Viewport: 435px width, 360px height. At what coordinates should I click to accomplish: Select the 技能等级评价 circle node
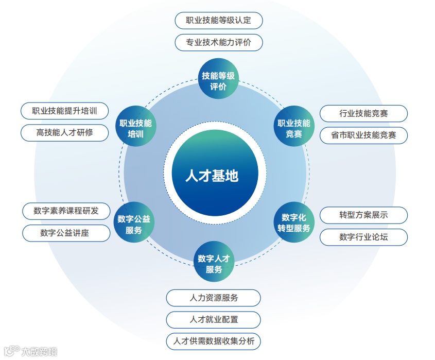pos(218,81)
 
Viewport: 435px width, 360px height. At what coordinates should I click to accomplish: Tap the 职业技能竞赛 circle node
pos(294,128)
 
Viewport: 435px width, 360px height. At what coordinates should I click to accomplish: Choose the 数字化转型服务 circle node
pos(294,222)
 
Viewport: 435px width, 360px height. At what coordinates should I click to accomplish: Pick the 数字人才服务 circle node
pos(213,263)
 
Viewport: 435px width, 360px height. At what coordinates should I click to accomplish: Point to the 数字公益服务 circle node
pos(133,224)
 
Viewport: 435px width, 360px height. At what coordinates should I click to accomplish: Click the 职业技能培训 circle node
pos(135,128)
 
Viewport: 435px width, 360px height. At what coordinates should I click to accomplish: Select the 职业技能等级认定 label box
pos(218,21)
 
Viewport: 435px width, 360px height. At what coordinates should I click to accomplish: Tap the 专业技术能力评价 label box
pos(218,42)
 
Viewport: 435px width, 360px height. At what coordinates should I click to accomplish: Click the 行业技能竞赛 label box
pos(363,113)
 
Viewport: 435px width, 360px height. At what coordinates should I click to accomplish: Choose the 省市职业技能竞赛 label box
pos(363,135)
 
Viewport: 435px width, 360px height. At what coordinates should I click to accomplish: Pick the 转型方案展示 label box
pos(363,215)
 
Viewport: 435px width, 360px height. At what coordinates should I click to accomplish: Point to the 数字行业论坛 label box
pos(363,237)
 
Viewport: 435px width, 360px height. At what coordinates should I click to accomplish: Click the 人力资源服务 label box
pos(213,298)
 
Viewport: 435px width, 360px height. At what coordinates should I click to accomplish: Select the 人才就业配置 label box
pos(213,319)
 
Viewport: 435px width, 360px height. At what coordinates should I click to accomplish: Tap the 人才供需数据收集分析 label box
pos(213,341)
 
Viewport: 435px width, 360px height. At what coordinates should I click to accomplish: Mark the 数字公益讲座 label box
pos(66,233)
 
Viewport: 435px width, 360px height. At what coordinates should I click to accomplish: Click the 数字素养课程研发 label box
pos(66,211)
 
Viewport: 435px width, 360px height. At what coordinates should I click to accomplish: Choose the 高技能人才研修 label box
pos(65,132)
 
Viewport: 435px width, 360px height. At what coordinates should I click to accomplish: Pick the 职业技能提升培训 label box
pos(65,111)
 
